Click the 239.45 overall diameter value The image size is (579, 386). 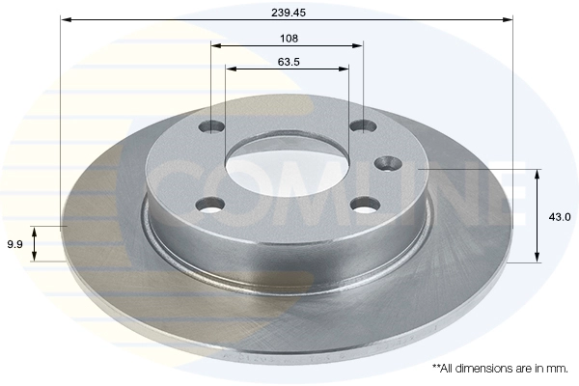click(289, 13)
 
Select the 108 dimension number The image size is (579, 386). click(289, 39)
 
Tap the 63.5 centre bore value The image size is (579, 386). click(289, 62)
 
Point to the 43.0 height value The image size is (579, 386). click(559, 217)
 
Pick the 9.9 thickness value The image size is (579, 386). click(14, 244)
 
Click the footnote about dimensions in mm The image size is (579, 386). click(500, 369)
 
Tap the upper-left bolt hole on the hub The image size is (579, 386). click(211, 126)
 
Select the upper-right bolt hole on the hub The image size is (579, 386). click(364, 126)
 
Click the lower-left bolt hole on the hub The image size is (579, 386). click(210, 205)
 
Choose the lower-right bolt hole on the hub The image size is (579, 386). click(365, 205)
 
